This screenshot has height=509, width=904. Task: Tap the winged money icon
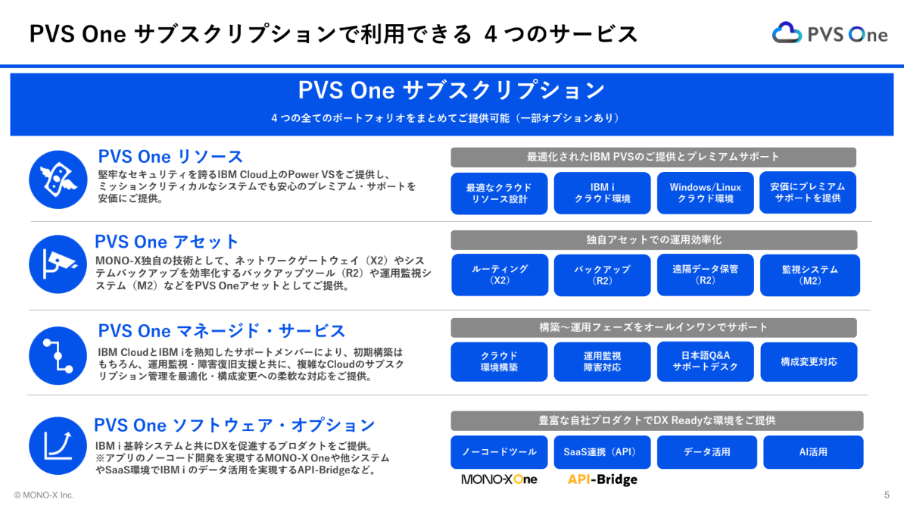(58, 180)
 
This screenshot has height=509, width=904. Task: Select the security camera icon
(58, 264)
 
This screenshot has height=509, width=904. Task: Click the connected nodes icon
(58, 355)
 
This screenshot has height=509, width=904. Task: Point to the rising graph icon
(58, 445)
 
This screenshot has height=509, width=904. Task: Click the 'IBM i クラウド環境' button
(602, 192)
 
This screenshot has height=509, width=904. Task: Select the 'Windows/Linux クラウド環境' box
(705, 192)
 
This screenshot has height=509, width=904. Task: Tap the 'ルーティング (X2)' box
(499, 275)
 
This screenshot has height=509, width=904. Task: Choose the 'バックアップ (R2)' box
(602, 275)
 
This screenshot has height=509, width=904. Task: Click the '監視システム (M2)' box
(810, 275)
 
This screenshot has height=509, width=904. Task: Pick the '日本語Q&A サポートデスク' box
(705, 361)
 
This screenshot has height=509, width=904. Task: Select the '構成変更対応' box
(809, 361)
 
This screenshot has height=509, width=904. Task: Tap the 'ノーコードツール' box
(499, 452)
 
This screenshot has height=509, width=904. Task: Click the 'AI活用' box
(813, 452)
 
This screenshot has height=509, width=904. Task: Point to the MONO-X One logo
(499, 479)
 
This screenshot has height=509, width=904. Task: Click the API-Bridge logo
(603, 479)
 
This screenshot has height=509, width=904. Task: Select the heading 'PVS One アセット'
(167, 241)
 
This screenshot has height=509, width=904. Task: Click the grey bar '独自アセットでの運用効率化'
(654, 239)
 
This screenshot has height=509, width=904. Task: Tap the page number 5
(887, 495)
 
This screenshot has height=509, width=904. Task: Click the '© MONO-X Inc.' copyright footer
(44, 495)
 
